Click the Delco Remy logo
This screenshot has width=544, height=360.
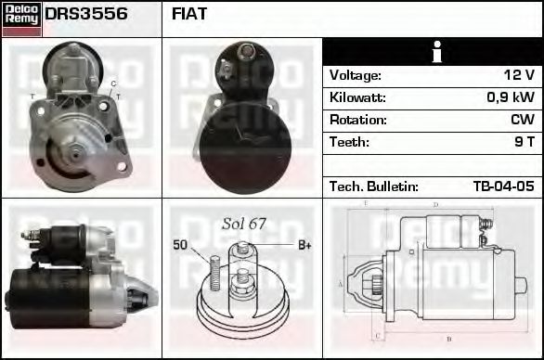click(x=21, y=19)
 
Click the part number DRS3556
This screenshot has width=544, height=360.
click(x=86, y=14)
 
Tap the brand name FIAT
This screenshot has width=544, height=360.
click(x=189, y=14)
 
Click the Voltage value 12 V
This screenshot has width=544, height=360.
click(x=518, y=75)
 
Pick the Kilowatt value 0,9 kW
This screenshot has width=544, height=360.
click(x=510, y=97)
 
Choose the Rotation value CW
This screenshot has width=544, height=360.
click(x=523, y=120)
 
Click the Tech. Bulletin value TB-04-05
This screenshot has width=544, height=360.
click(x=503, y=186)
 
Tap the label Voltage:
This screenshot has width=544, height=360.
click(x=356, y=75)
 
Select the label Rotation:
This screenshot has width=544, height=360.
click(x=357, y=120)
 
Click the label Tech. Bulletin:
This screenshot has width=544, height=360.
click(x=373, y=186)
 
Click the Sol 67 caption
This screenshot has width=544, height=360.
click(x=243, y=224)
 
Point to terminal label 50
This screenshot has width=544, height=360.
click(x=181, y=245)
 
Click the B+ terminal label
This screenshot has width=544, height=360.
click(x=304, y=245)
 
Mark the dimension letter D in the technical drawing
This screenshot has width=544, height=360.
click(x=435, y=206)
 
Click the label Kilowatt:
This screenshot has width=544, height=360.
click(x=357, y=97)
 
